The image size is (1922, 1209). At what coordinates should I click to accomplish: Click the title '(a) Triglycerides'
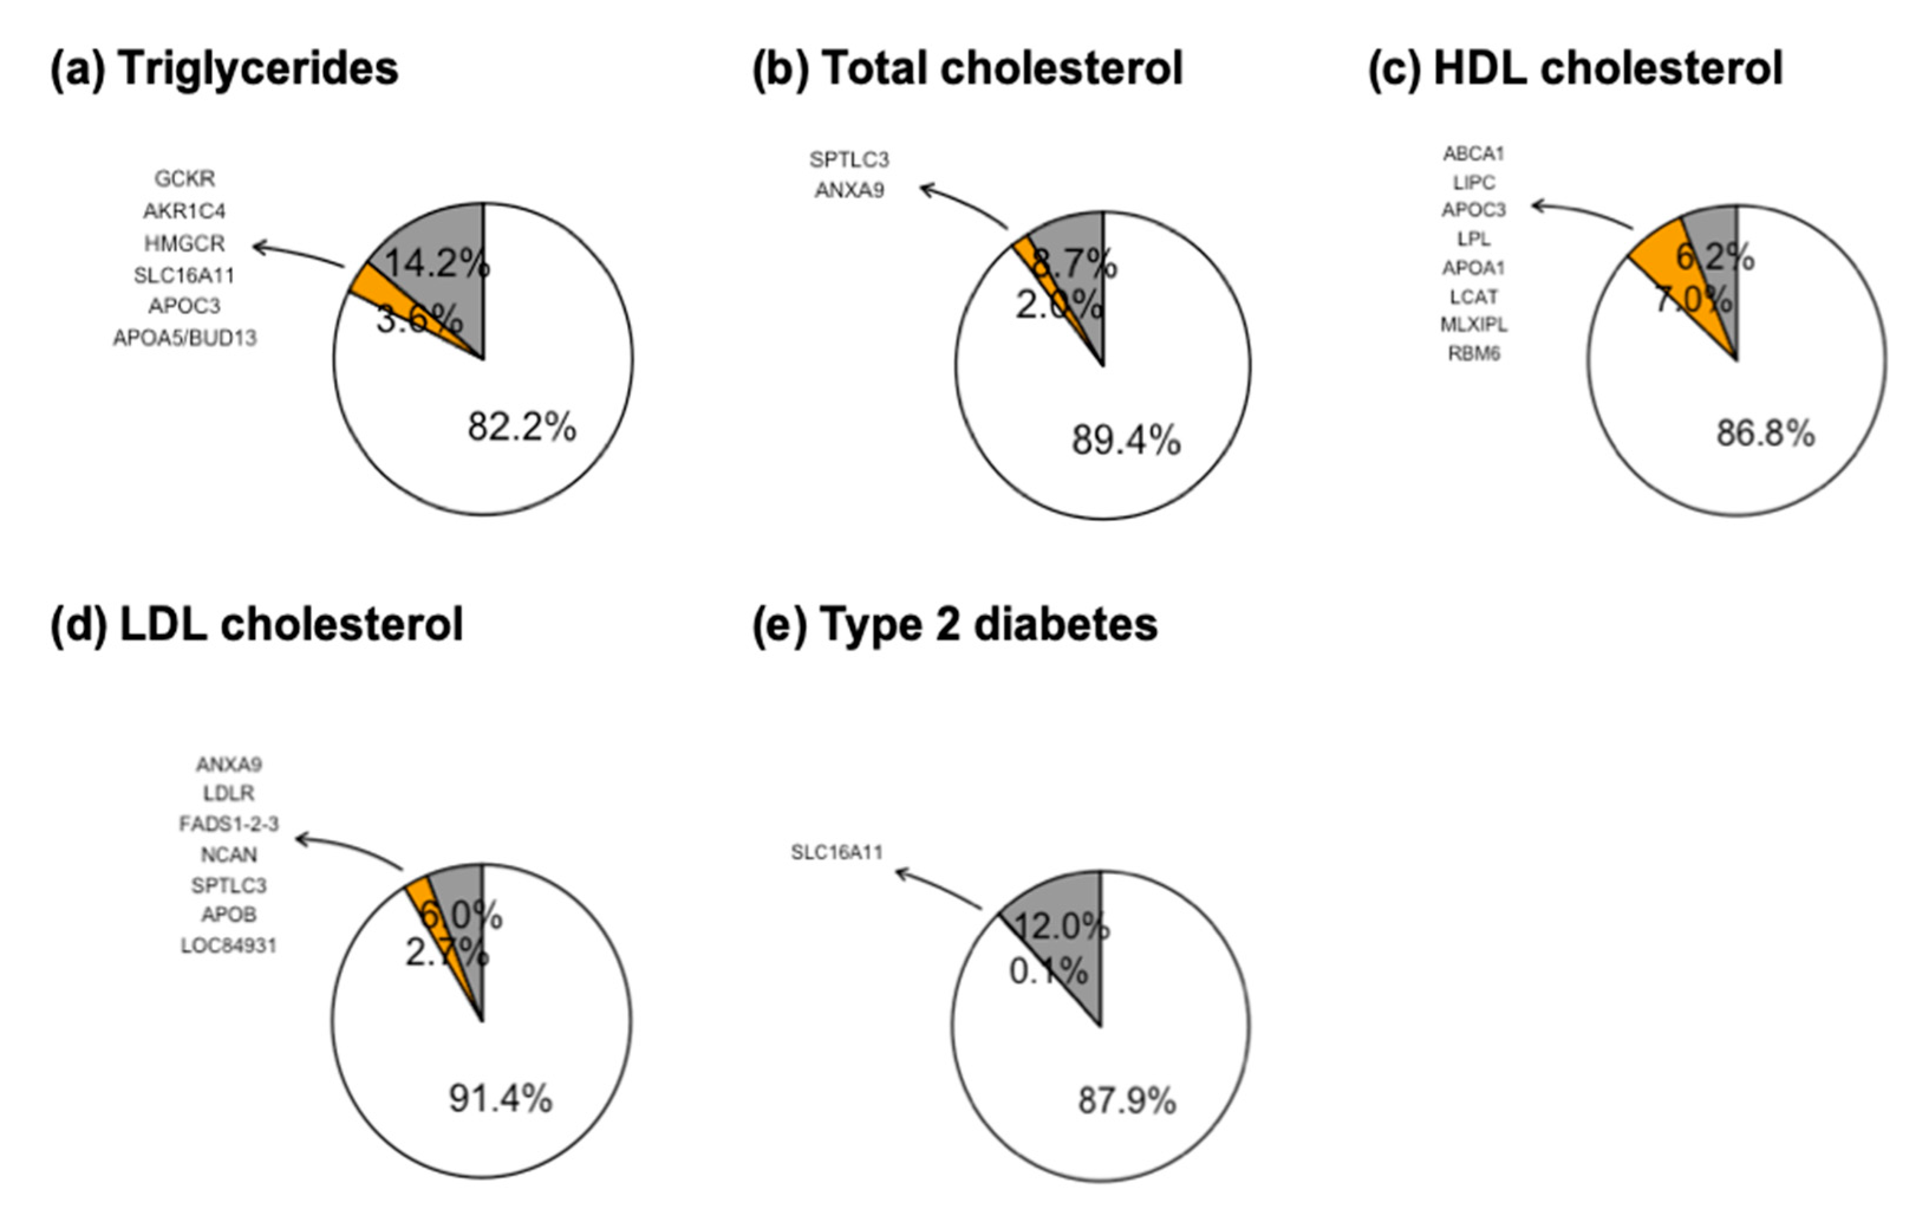coord(224,69)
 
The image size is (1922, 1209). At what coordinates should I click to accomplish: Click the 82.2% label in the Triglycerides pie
coord(521,427)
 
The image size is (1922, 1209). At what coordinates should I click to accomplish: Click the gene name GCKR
coord(184,179)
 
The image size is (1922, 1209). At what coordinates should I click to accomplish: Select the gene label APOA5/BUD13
coord(184,339)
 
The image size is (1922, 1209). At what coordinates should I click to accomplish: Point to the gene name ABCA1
coord(1473,153)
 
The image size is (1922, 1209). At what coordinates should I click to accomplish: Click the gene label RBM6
coord(1473,354)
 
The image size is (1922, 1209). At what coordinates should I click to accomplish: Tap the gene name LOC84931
coord(229,946)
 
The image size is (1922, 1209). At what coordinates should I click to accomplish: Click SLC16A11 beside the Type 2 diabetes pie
coord(837,853)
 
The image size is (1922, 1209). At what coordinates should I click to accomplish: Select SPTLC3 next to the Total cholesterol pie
coord(849,160)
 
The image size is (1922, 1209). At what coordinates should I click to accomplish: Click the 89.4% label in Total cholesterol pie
coord(1125,440)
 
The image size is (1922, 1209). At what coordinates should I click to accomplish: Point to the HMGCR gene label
coord(184,243)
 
